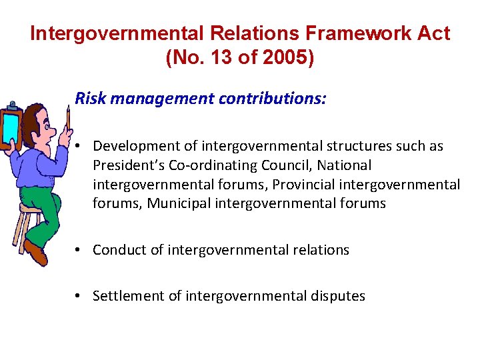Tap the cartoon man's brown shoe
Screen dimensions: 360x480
pos(37,254)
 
